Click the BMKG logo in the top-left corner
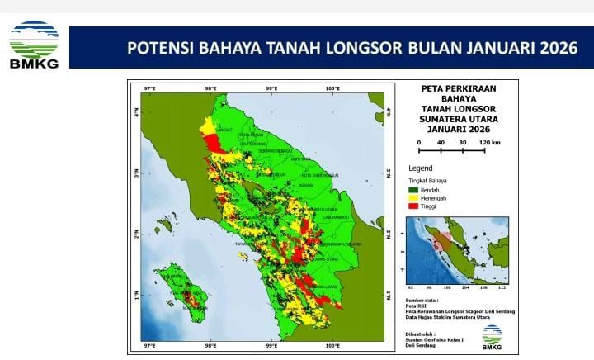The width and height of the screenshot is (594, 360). click(x=34, y=45)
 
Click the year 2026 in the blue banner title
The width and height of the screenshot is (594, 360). click(x=557, y=47)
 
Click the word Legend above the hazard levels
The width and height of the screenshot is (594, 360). click(x=421, y=168)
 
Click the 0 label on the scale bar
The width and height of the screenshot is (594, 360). click(x=419, y=142)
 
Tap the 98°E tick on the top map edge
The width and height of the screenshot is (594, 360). click(x=210, y=88)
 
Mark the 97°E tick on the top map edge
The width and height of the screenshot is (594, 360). click(x=149, y=88)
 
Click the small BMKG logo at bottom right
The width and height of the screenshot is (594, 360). click(x=492, y=334)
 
